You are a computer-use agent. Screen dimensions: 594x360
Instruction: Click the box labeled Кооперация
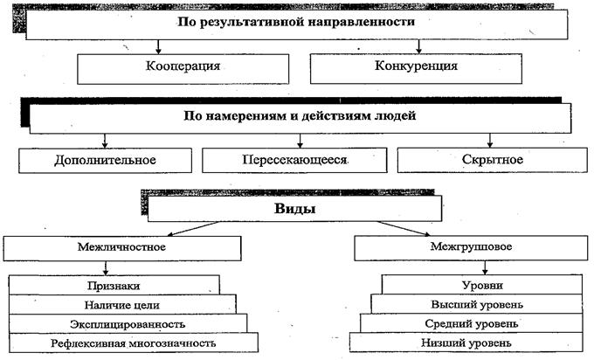[x=183, y=69]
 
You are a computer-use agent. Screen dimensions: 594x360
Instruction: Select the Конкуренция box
[x=416, y=68]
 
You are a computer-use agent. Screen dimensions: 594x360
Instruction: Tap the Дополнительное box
[x=106, y=160]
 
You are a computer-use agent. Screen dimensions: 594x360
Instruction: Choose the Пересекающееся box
[x=294, y=160]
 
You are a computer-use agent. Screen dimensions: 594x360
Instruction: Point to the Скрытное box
[x=492, y=160]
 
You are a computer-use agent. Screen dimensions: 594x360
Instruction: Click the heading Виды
[x=294, y=209]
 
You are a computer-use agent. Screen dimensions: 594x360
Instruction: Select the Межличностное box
[x=122, y=248]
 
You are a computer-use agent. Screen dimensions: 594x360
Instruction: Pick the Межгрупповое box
[x=471, y=248]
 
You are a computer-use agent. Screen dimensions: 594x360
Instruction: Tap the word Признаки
[x=114, y=286]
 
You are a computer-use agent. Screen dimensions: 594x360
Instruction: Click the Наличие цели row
[x=122, y=305]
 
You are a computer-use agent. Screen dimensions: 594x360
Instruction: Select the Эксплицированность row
[x=128, y=324]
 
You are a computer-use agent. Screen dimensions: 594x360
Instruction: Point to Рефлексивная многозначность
[x=134, y=343]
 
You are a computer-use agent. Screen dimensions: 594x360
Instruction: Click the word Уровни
[x=482, y=285]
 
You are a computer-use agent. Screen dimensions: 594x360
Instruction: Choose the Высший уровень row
[x=477, y=304]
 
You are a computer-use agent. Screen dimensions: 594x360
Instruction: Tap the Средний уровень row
[x=471, y=323]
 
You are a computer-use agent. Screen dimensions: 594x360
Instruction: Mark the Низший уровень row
[x=466, y=343]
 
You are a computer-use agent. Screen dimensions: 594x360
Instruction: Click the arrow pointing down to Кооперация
[x=158, y=46]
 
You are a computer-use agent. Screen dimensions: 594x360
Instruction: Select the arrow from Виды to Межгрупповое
[x=404, y=229]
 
